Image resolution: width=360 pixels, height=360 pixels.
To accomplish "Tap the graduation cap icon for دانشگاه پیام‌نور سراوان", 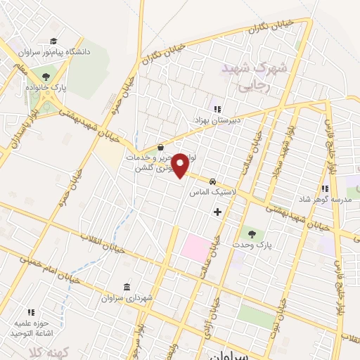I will pos(54,41).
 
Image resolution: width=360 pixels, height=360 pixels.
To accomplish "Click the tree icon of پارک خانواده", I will pos(46,77).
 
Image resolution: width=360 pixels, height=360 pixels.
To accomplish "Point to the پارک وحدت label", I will pos(252,244).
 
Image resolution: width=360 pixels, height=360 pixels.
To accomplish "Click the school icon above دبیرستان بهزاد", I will pos(217,109).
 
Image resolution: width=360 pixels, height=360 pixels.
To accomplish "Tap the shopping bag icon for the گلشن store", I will pos(162,148).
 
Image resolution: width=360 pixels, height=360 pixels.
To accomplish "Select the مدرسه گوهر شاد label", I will pos(324,200).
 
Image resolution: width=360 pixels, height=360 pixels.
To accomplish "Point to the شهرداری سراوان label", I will pos(126,298).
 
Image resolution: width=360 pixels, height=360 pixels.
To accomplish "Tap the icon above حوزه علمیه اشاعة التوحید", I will pos(31,311).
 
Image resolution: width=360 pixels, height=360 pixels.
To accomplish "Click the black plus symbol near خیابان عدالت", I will pos(217,211).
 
